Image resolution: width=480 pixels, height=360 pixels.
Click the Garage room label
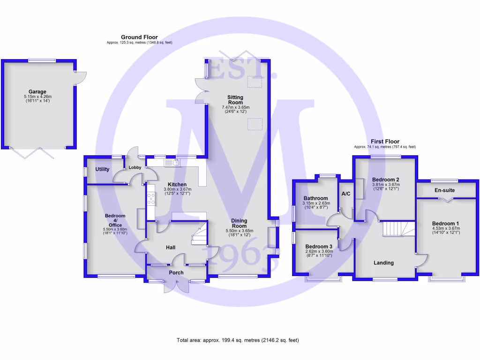[37, 92]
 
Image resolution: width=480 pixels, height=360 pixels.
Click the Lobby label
[135, 167]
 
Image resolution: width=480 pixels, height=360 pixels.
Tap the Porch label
[176, 272]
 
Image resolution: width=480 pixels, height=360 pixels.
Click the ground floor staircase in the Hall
[199, 234]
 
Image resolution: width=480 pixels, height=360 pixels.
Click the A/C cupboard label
[346, 194]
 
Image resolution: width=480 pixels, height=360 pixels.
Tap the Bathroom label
[315, 198]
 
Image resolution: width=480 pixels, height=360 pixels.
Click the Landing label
[383, 263]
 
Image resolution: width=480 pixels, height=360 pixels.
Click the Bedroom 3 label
[319, 247]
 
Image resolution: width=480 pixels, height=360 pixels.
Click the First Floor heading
[384, 142]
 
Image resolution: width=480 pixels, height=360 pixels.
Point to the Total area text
[238, 340]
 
